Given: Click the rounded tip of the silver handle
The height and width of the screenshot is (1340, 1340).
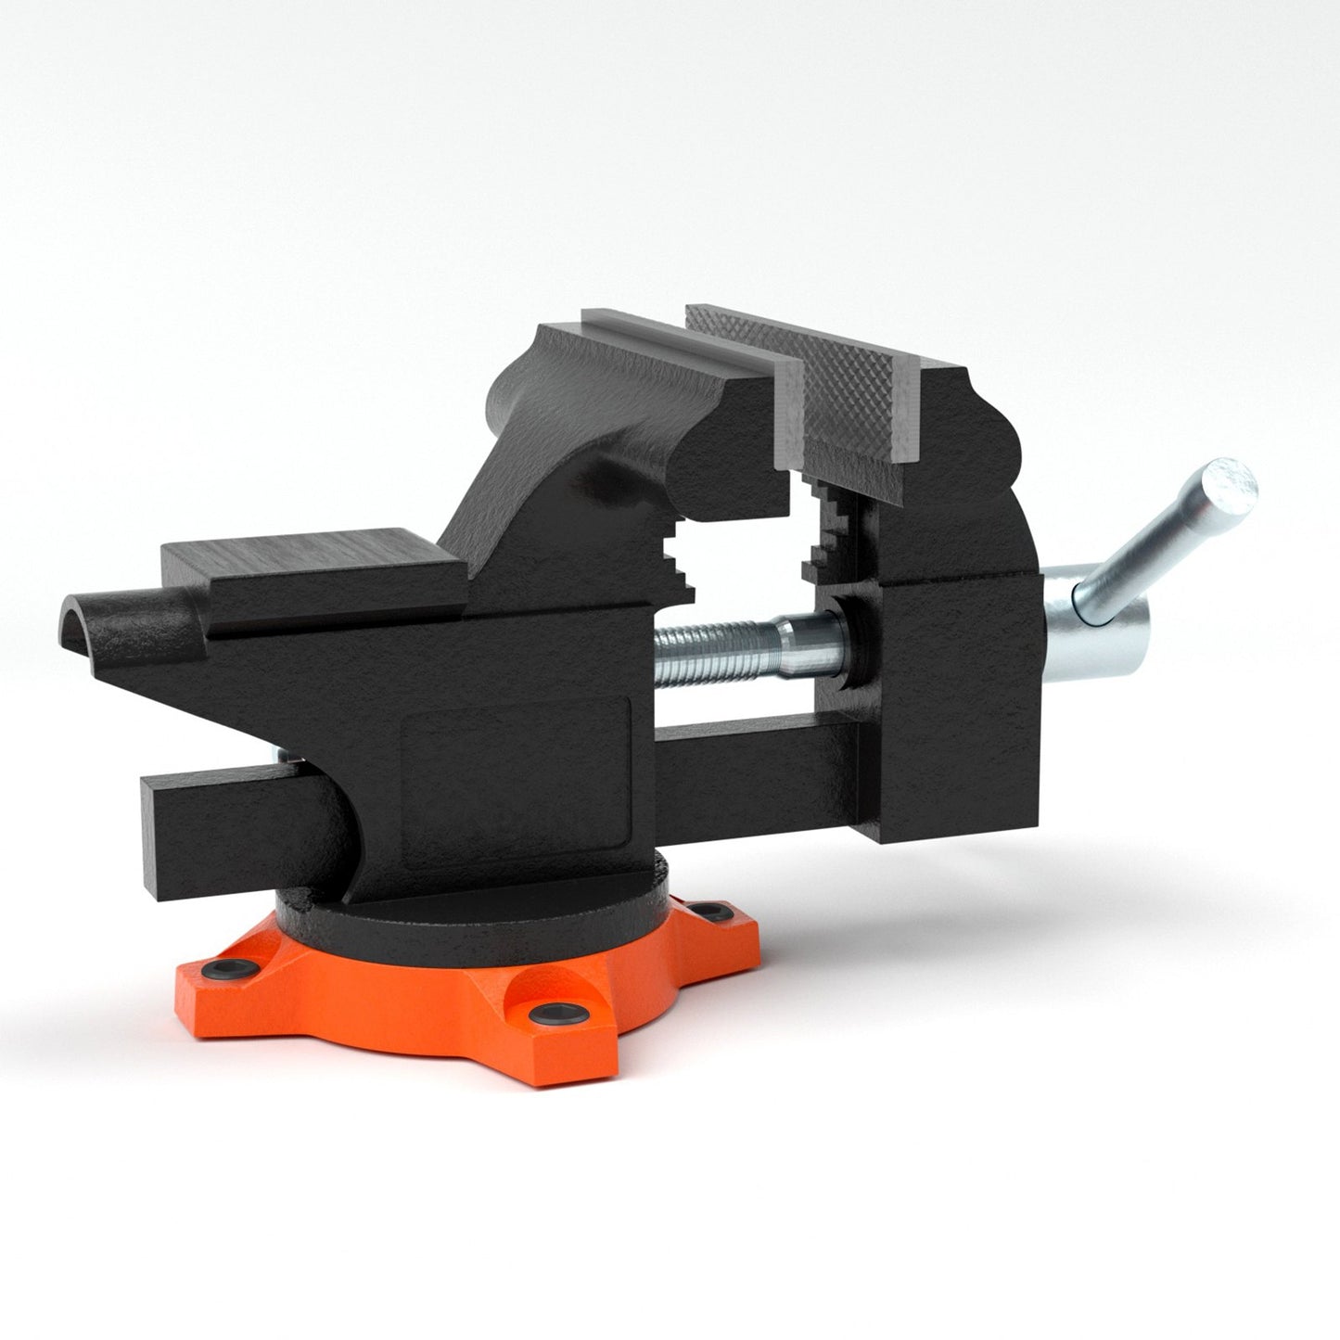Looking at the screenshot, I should tap(1236, 481).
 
